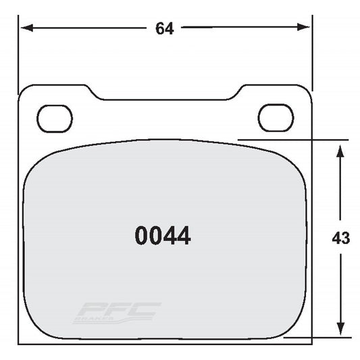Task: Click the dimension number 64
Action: coord(165,28)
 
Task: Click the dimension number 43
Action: coord(340,238)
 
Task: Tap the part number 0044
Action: coord(163,236)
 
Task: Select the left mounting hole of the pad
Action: coord(55,119)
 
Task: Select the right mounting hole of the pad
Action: coord(276,118)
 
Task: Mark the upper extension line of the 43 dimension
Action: coord(290,140)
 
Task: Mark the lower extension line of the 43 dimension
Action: coord(317,336)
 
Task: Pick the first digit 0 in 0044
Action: coord(141,236)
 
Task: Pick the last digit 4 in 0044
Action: coord(184,236)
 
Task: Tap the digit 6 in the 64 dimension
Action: coord(160,28)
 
